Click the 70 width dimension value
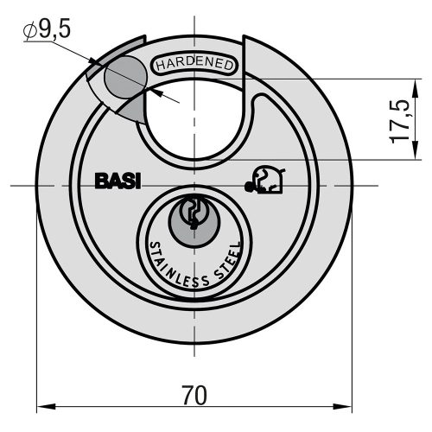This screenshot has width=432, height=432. [194, 396]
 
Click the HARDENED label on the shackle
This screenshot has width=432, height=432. [194, 65]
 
